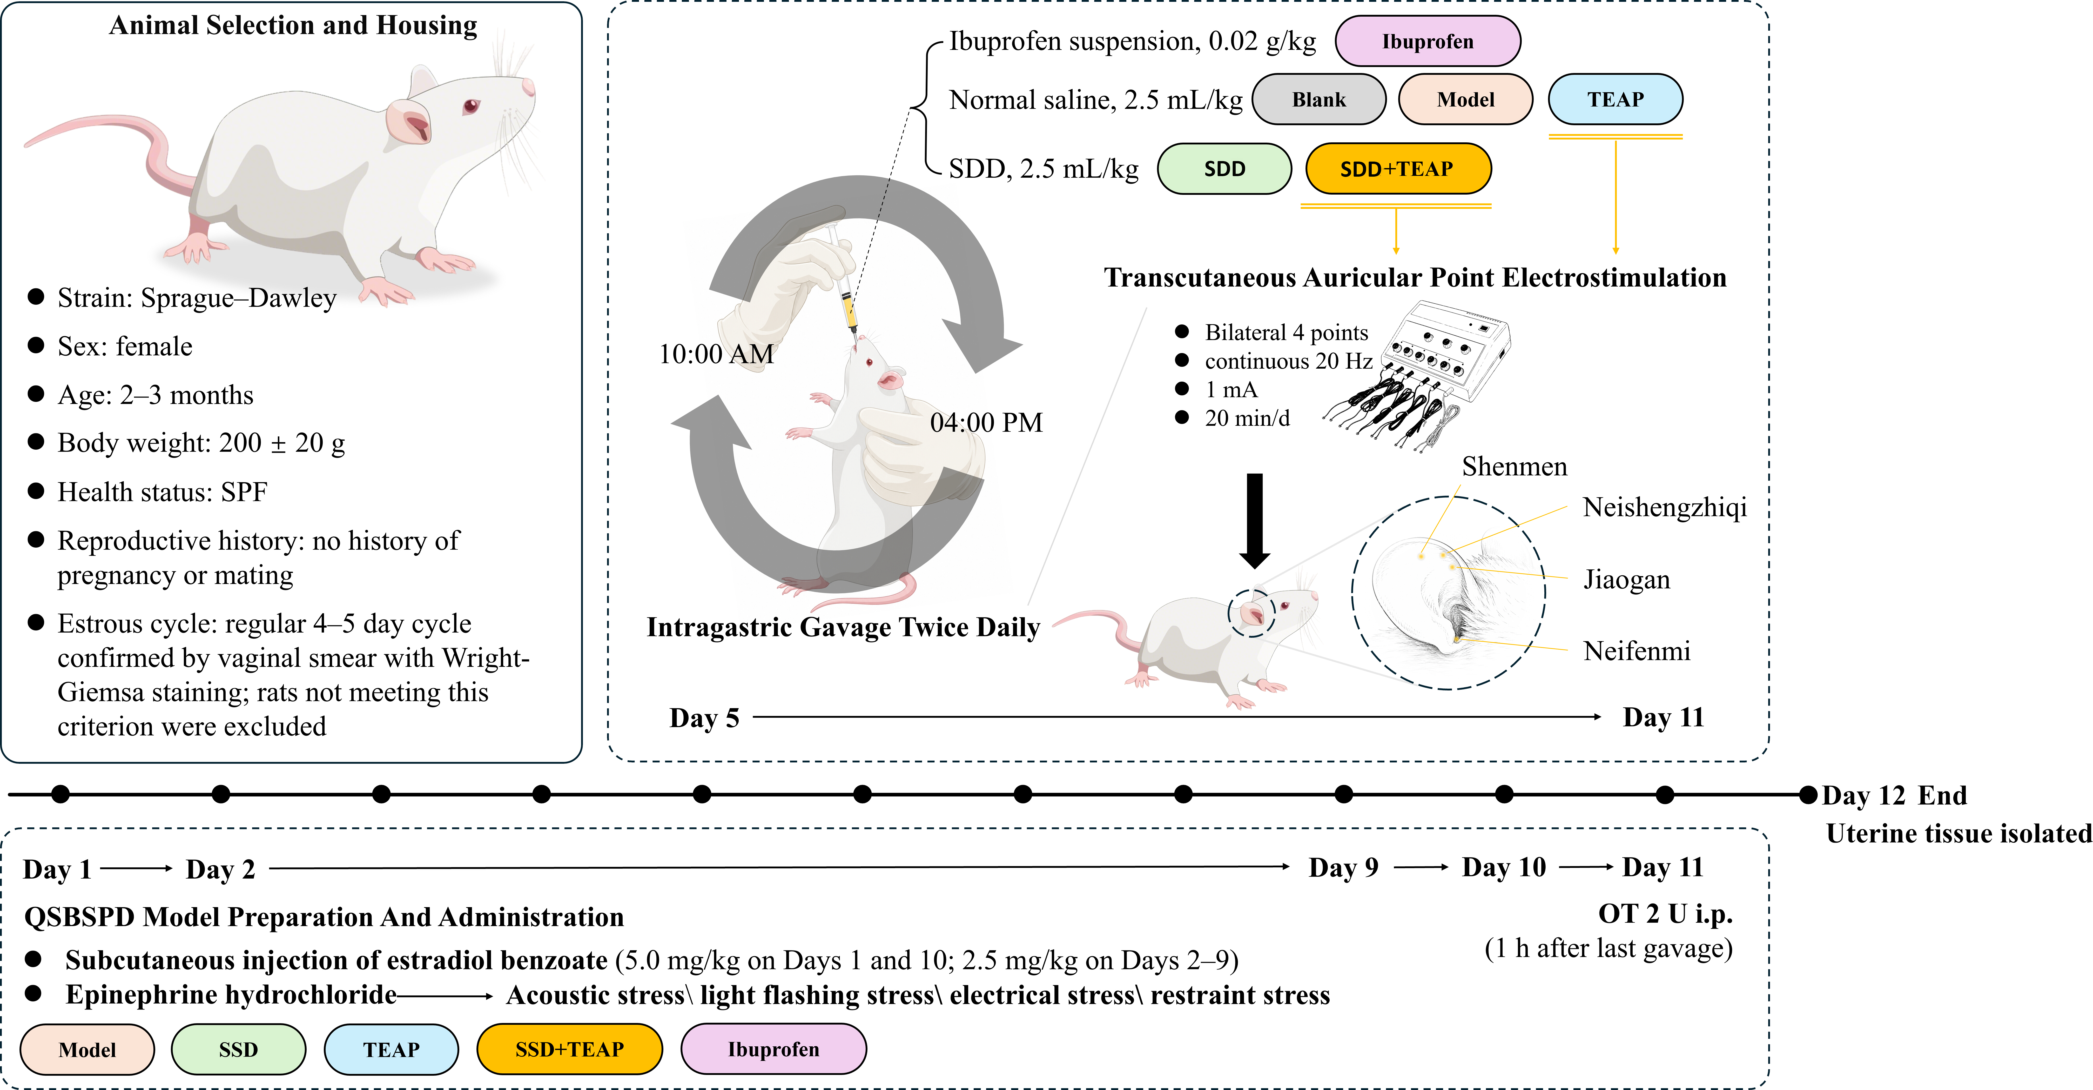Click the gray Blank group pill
coord(1319,99)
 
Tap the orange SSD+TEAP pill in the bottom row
coord(570,1049)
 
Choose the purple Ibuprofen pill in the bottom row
coord(773,1049)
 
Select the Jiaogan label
coord(1627,580)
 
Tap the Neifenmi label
coord(1636,651)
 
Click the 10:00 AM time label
coord(716,354)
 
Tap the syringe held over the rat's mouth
coord(842,281)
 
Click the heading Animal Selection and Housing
coord(293,25)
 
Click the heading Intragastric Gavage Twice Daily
coord(843,628)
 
